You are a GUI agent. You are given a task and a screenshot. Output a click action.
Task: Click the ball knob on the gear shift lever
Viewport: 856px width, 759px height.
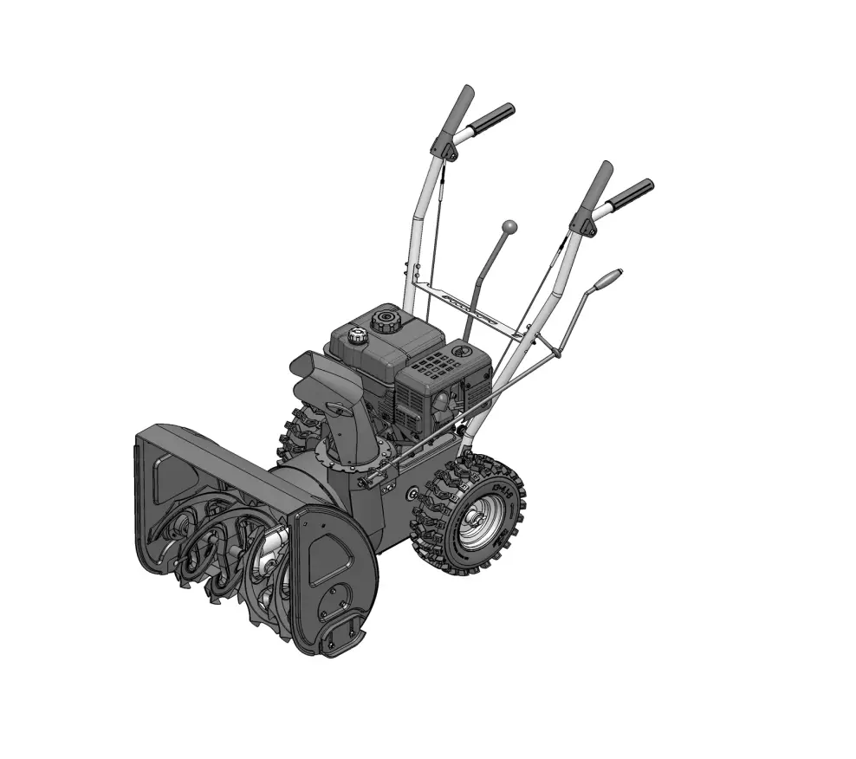coord(510,226)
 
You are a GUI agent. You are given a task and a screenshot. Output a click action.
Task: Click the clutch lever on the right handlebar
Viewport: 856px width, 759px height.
coord(596,185)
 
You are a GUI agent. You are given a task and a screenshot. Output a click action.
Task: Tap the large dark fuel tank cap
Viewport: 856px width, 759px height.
coord(383,321)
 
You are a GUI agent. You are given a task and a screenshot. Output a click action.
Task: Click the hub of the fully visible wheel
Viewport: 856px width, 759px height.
coord(476,524)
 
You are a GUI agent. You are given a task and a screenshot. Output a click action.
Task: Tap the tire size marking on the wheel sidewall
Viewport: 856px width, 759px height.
coord(501,495)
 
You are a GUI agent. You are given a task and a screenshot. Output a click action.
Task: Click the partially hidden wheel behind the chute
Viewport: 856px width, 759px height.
coord(291,433)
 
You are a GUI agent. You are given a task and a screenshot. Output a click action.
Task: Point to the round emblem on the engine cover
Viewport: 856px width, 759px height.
coord(459,352)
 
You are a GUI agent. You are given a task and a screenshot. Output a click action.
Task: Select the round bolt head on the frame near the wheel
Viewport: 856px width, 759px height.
coord(412,493)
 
